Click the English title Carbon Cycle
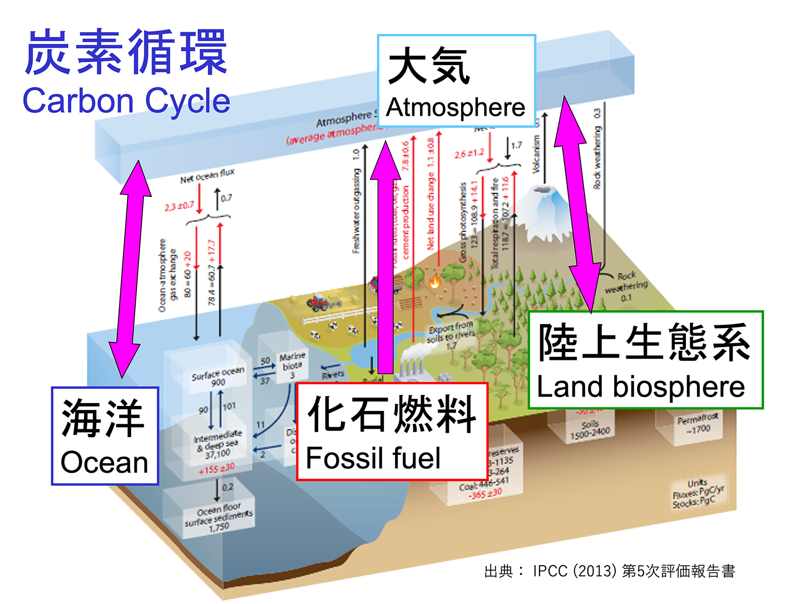126,101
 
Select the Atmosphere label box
456,81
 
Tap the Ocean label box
105,436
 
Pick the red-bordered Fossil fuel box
392,432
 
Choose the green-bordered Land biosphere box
645,360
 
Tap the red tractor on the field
319,302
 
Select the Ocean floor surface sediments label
219,517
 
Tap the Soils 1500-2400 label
590,429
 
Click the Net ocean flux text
207,176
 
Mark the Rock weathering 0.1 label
626,286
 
